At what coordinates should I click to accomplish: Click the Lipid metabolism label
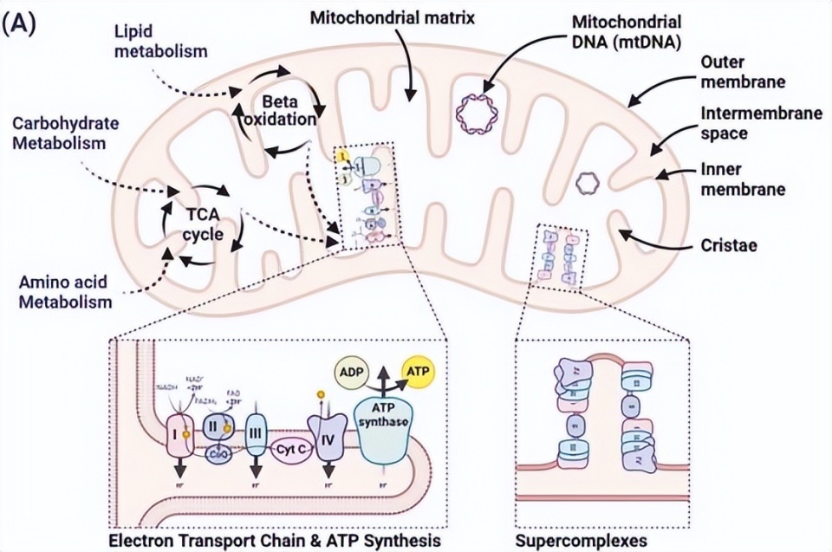pyautogui.click(x=161, y=42)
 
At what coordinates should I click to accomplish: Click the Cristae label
pyautogui.click(x=729, y=246)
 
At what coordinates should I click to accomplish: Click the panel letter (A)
pyautogui.click(x=19, y=24)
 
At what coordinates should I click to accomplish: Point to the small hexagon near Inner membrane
pyautogui.click(x=588, y=182)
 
